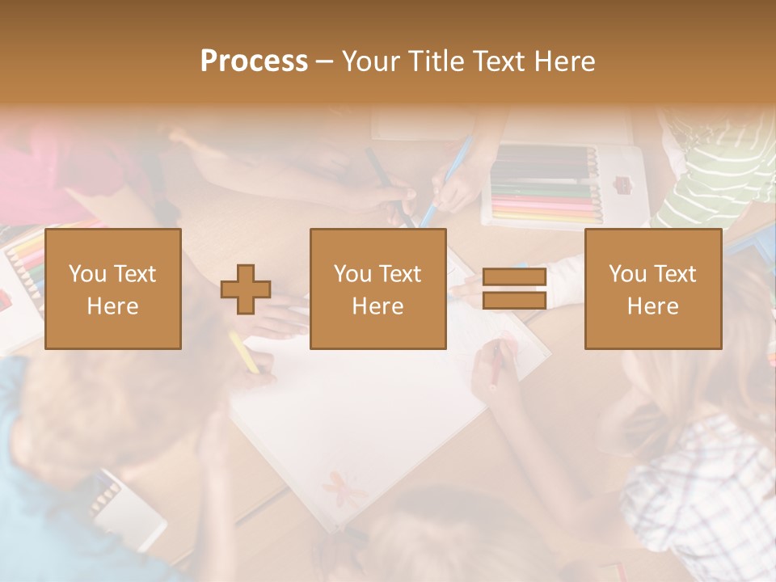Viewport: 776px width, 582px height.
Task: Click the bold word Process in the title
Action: [254, 61]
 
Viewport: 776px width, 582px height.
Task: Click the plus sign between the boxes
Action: [246, 289]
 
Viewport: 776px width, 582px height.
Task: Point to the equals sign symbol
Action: [514, 289]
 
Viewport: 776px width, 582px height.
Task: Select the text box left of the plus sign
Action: [113, 289]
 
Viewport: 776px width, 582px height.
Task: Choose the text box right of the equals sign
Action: [653, 289]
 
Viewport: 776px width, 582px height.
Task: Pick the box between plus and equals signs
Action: [378, 289]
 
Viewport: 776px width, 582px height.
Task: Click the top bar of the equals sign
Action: [514, 278]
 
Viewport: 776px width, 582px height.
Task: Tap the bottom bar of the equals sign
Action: [514, 300]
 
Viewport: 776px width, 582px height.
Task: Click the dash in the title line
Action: [325, 61]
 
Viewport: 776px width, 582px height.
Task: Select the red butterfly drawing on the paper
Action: [337, 485]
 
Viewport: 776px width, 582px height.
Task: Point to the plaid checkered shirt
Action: [703, 485]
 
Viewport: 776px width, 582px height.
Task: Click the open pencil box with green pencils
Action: [558, 186]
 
